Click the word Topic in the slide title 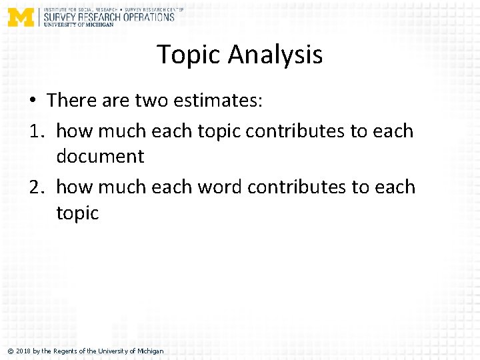[x=187, y=55]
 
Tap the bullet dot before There [x=33, y=101]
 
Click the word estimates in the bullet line [x=217, y=101]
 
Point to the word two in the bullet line [x=151, y=101]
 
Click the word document [x=100, y=156]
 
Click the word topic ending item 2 [x=77, y=213]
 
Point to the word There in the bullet [x=73, y=101]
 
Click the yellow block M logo [x=21, y=16]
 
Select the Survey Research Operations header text [x=109, y=17]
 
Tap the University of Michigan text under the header [x=79, y=25]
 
